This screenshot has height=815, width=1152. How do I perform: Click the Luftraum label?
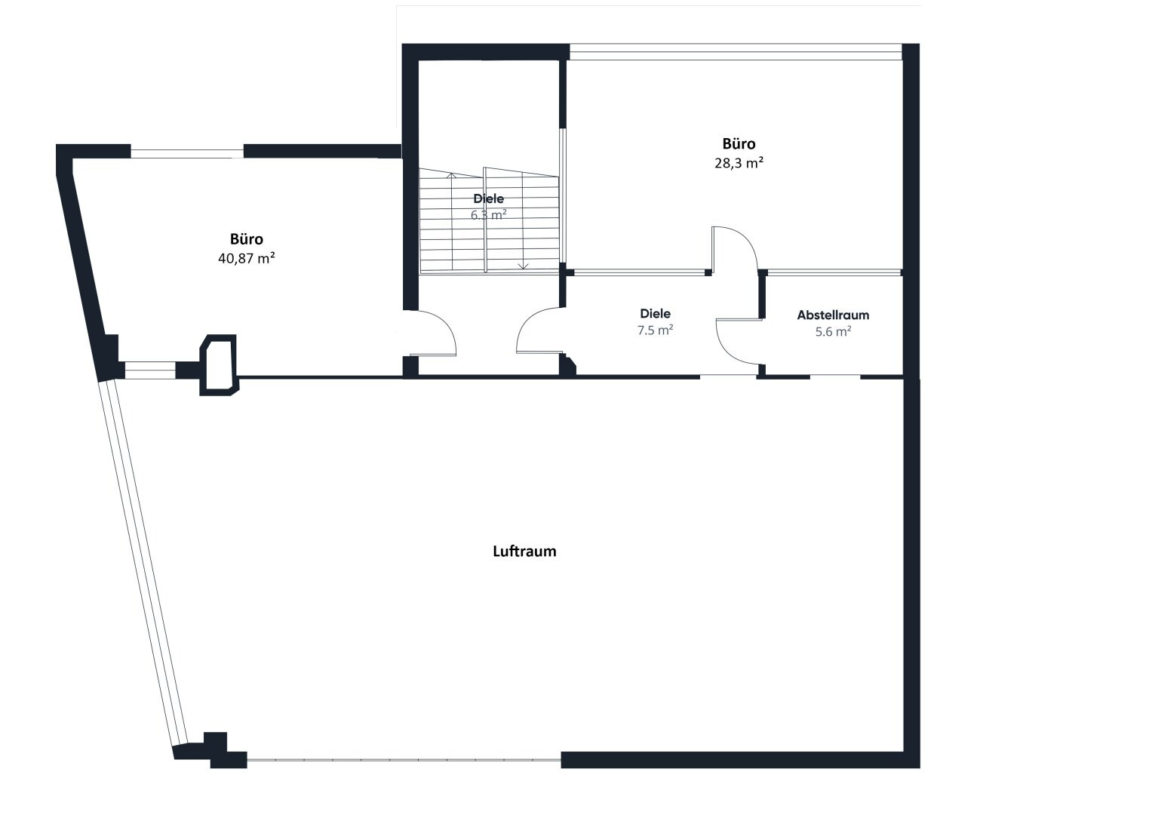(x=524, y=551)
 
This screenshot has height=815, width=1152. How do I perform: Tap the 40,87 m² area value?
(x=247, y=258)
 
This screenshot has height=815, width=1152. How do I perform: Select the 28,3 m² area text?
(x=739, y=162)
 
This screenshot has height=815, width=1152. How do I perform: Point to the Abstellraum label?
(x=833, y=315)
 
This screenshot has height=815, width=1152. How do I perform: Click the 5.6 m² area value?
(x=833, y=331)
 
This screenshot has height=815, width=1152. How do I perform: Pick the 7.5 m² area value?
(x=655, y=330)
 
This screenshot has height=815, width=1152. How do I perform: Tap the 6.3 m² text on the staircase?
(x=489, y=214)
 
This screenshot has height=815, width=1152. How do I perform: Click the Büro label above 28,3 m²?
(x=739, y=143)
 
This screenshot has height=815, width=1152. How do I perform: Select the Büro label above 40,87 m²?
(x=247, y=238)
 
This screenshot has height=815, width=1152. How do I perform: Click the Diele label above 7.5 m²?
(x=655, y=313)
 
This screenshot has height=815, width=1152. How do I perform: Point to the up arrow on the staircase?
(x=452, y=175)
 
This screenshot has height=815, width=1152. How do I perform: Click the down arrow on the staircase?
(x=523, y=266)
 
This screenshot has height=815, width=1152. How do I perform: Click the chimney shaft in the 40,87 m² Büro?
(x=219, y=364)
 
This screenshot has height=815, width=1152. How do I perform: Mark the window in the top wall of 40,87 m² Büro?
(x=187, y=152)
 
